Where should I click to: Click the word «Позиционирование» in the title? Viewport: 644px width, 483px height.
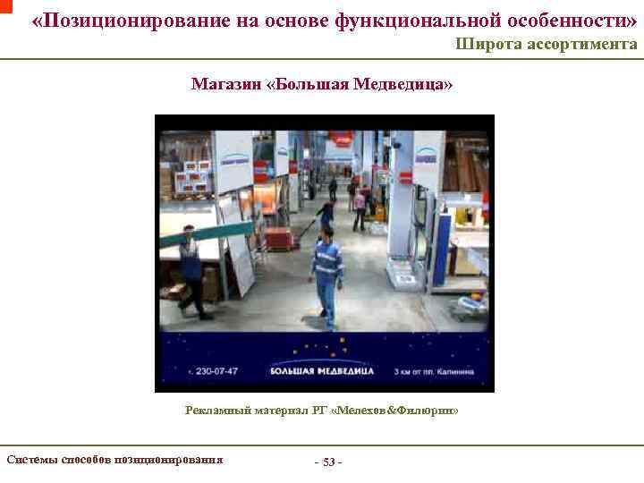(126, 20)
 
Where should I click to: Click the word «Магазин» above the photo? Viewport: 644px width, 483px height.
(225, 84)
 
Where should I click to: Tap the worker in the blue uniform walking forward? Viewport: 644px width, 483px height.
(327, 274)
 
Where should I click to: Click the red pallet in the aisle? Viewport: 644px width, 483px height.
(279, 239)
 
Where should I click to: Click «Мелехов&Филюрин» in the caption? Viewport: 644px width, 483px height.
(398, 410)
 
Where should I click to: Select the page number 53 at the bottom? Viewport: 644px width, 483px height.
(328, 462)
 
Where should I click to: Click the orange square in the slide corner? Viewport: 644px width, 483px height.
(5, 5)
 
